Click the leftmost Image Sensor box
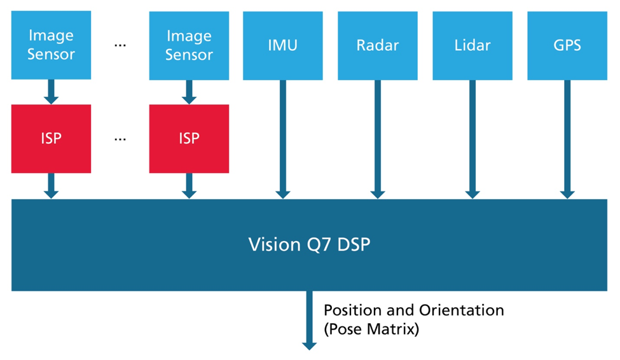click(x=51, y=45)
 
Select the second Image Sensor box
click(x=189, y=45)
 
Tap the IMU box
click(x=283, y=45)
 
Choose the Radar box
click(x=378, y=45)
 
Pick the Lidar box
click(x=472, y=45)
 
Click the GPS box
click(x=567, y=45)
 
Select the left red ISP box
click(x=51, y=139)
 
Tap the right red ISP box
click(x=189, y=139)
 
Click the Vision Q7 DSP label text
click(x=309, y=244)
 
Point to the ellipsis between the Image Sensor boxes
click(x=120, y=45)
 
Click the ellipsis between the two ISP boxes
click(x=120, y=139)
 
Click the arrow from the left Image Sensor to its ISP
click(x=52, y=92)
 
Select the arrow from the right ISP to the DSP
click(x=189, y=186)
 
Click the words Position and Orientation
click(x=413, y=310)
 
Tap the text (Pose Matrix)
click(x=371, y=329)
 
